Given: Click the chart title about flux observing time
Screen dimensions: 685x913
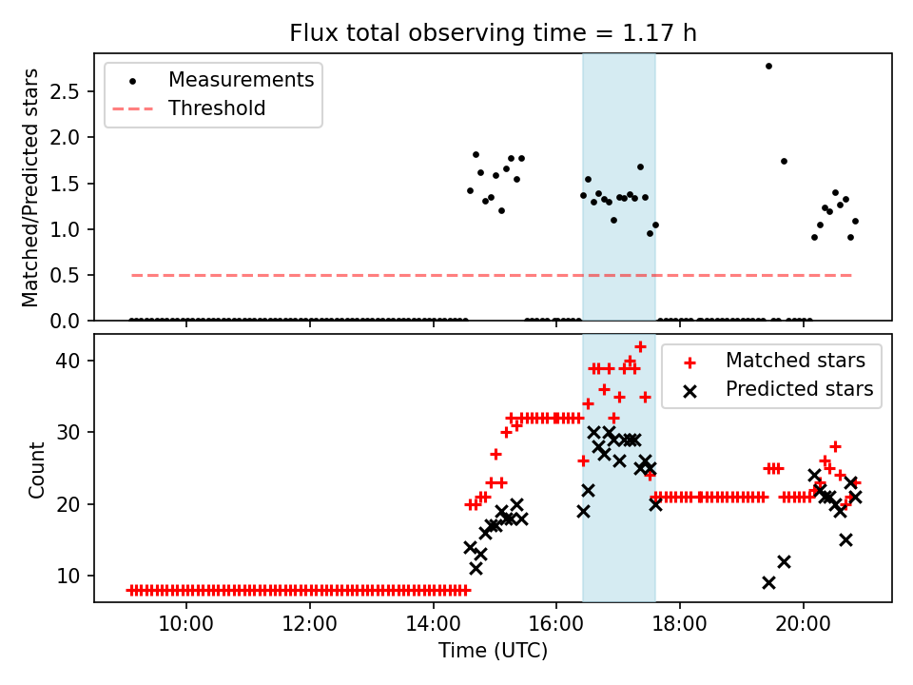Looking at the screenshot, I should click(493, 33).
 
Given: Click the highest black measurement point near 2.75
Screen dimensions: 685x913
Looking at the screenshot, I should click(768, 66).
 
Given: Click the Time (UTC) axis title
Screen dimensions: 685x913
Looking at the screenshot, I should click(493, 652).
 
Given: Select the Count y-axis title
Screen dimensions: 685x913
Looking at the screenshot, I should click(36, 469).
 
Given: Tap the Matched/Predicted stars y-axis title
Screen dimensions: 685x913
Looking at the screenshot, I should click(30, 187).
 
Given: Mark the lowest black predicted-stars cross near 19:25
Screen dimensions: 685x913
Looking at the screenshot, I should click(768, 582).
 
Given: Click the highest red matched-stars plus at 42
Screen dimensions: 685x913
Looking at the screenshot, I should click(640, 346).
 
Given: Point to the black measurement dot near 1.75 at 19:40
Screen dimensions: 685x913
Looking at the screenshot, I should click(784, 161).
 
